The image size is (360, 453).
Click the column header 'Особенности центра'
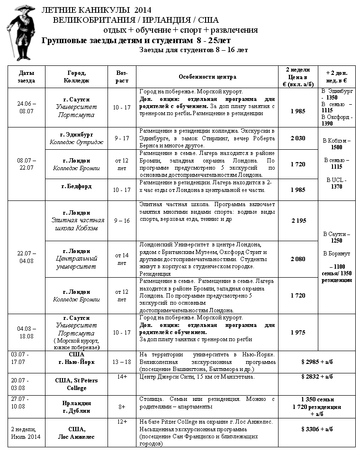(207, 77)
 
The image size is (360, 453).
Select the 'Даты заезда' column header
(27, 77)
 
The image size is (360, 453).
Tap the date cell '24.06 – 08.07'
(27, 107)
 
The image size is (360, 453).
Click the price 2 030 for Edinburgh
(298, 138)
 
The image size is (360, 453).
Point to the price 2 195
(298, 221)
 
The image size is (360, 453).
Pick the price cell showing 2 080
(298, 259)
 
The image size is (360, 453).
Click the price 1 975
(298, 332)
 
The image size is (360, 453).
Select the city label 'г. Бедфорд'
(76, 186)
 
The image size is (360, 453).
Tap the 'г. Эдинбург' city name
(76, 134)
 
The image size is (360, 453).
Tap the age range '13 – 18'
(122, 362)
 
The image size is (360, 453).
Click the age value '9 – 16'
(122, 220)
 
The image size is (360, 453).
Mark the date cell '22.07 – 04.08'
(27, 257)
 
